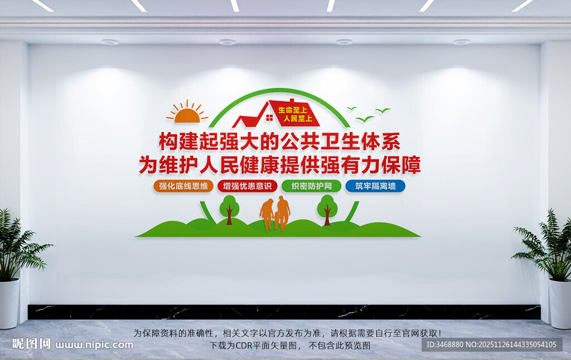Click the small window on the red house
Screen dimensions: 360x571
pyautogui.click(x=269, y=118)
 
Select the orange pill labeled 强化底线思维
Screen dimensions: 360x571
pyautogui.click(x=183, y=186)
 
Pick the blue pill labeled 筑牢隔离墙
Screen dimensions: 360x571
pyautogui.click(x=375, y=186)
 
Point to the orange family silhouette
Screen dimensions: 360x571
pyautogui.click(x=276, y=213)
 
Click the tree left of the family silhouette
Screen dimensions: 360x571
pyautogui.click(x=229, y=208)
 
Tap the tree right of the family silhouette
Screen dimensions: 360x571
pyautogui.click(x=327, y=208)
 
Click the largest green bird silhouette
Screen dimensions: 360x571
pyautogui.click(x=365, y=119)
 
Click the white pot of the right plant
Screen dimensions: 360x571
pyautogui.click(x=560, y=304)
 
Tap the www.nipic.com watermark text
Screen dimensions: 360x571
pyautogui.click(x=94, y=344)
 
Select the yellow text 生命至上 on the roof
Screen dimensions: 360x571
pyautogui.click(x=293, y=109)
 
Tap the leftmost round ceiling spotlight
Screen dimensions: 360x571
pyautogui.click(x=110, y=42)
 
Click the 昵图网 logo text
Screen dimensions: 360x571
pyautogui.click(x=31, y=344)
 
